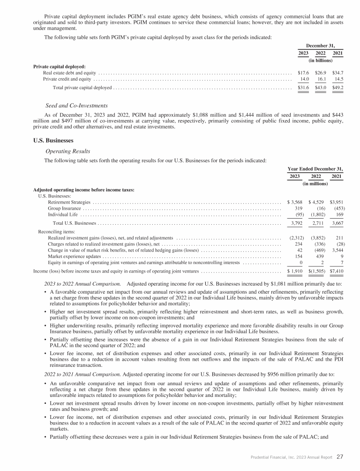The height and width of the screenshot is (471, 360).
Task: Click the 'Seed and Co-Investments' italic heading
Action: tap(76, 105)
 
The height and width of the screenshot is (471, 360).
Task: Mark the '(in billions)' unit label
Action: tap(320, 60)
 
